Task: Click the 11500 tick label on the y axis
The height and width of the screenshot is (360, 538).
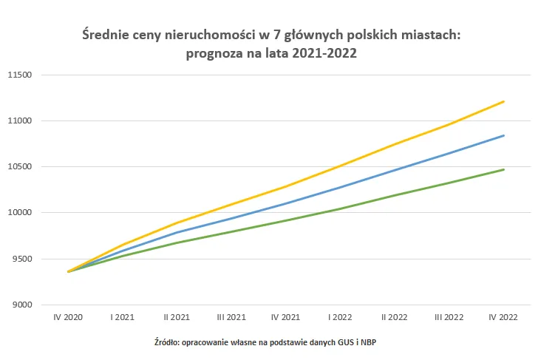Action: pyautogui.click(x=22, y=75)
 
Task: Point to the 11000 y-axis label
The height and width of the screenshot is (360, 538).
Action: pyautogui.click(x=22, y=120)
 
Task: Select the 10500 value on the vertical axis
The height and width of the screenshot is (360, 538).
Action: pyautogui.click(x=22, y=167)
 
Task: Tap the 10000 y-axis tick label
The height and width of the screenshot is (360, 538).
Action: pyautogui.click(x=22, y=213)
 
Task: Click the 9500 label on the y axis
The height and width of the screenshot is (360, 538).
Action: pyautogui.click(x=24, y=259)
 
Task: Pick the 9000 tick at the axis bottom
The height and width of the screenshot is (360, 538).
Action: pyautogui.click(x=24, y=305)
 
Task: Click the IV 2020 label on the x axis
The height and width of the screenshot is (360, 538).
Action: pyautogui.click(x=68, y=316)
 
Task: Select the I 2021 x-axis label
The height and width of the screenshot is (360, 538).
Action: pyautogui.click(x=123, y=316)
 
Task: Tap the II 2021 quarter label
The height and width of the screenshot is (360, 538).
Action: pyautogui.click(x=177, y=316)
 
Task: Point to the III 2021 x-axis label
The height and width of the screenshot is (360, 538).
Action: pyautogui.click(x=231, y=316)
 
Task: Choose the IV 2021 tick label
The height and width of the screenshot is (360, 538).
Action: pyautogui.click(x=285, y=316)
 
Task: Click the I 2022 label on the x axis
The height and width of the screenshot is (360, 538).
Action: pyautogui.click(x=340, y=316)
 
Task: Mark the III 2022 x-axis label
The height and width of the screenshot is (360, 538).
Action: pyautogui.click(x=449, y=316)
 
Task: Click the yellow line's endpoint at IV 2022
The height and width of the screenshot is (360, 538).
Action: pyautogui.click(x=503, y=101)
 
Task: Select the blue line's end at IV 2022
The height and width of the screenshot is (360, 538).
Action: pyautogui.click(x=503, y=135)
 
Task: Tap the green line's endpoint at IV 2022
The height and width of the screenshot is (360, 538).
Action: pyautogui.click(x=503, y=169)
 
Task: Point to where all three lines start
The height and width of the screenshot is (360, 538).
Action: pyautogui.click(x=69, y=271)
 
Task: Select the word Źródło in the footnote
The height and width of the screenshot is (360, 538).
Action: pyautogui.click(x=164, y=342)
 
